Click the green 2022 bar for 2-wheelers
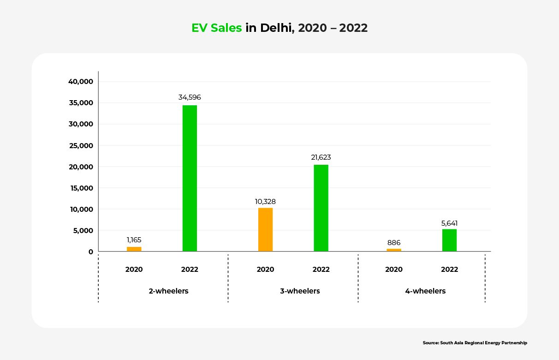click(x=190, y=178)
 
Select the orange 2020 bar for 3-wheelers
click(x=265, y=229)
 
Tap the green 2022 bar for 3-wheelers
click(x=321, y=208)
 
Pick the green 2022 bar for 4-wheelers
click(x=449, y=240)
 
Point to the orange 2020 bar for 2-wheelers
click(x=134, y=249)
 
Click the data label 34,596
click(x=190, y=97)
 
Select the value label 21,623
click(x=321, y=157)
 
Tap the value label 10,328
click(x=265, y=202)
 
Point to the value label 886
click(x=394, y=243)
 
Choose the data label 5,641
click(x=449, y=223)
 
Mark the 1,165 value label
click(x=134, y=240)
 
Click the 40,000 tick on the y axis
click(x=81, y=82)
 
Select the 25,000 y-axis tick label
click(x=81, y=146)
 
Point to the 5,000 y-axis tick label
click(x=83, y=231)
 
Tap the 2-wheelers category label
click(x=169, y=291)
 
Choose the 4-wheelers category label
click(x=425, y=291)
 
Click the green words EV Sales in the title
click(x=216, y=28)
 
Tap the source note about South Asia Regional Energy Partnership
click(x=475, y=343)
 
